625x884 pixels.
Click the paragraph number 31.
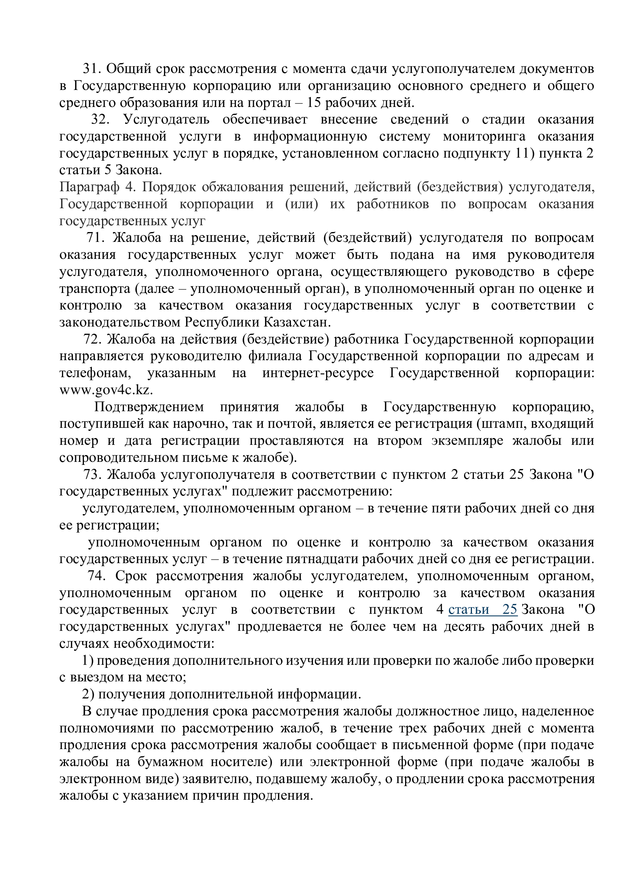(91, 69)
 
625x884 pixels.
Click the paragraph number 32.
(100, 120)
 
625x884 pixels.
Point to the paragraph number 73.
(92, 475)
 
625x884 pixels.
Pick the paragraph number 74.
(96, 576)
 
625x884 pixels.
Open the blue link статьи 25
(483, 610)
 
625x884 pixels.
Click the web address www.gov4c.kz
(106, 390)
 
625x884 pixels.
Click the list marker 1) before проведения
(88, 661)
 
